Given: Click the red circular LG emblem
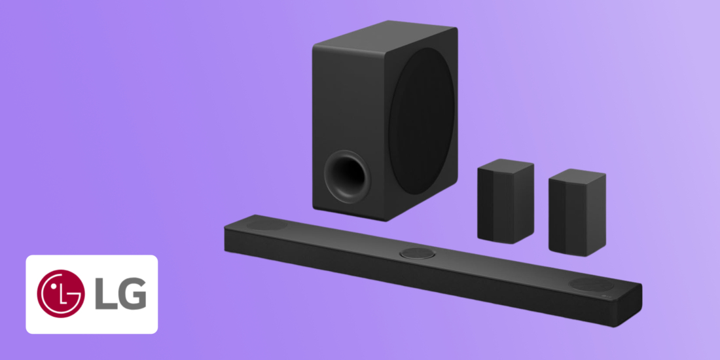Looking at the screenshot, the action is click(x=61, y=293).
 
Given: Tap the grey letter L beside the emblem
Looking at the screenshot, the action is click(x=105, y=294).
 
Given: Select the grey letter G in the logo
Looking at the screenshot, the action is click(x=132, y=294).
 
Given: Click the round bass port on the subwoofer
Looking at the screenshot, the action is click(x=348, y=177).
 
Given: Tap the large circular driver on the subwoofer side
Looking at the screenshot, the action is click(x=421, y=121).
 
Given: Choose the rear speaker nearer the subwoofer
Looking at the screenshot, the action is click(x=505, y=201).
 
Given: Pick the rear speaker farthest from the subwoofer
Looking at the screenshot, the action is click(x=577, y=212).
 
